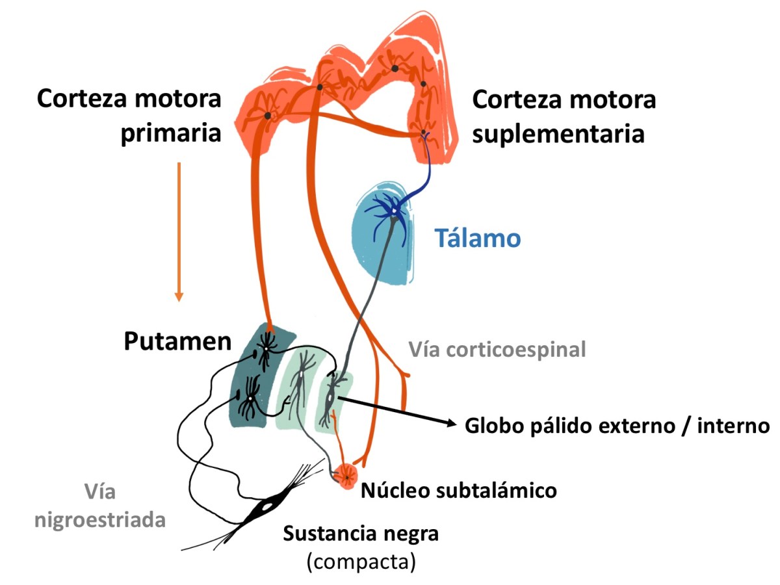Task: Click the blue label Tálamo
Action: pyautogui.click(x=478, y=239)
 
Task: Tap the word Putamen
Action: pyautogui.click(x=177, y=342)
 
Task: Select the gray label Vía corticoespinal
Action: pyautogui.click(x=497, y=350)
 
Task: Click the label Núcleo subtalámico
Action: pyautogui.click(x=458, y=489)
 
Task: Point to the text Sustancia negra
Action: pyautogui.click(x=361, y=534)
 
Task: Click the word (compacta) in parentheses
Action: pyautogui.click(x=361, y=560)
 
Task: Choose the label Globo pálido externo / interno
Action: pyautogui.click(x=617, y=426)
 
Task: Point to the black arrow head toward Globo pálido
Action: pyautogui.click(x=448, y=423)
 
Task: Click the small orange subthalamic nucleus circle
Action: pyautogui.click(x=345, y=476)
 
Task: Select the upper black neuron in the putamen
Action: pyautogui.click(x=265, y=348)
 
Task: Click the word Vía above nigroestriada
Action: pyautogui.click(x=99, y=492)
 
